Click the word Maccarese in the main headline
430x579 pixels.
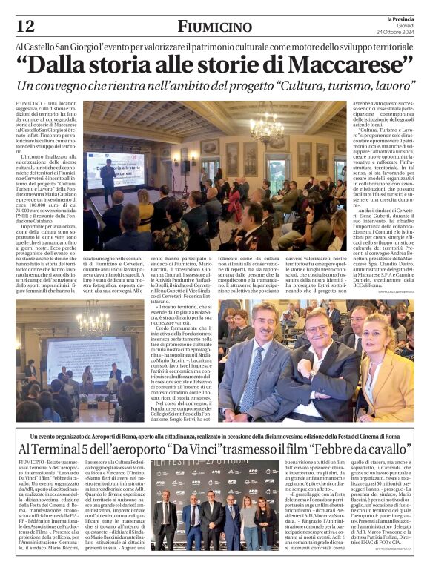click(x=342, y=65)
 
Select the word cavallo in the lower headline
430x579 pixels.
click(x=385, y=451)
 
